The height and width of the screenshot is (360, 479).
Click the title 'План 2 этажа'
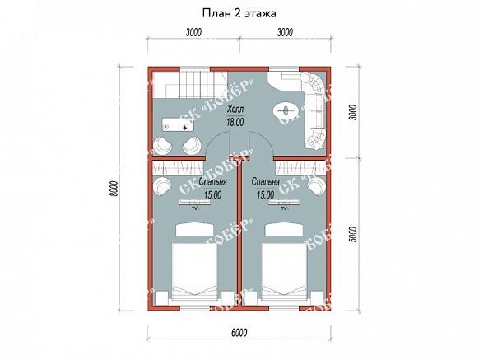coord(239,13)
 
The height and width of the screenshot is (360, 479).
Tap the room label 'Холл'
coord(235,110)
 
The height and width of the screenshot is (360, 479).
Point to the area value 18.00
coord(235,122)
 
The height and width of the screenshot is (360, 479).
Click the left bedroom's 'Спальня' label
coord(212,182)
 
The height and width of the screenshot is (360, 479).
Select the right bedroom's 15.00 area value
coord(266,194)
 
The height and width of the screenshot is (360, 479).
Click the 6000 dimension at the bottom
coord(239,333)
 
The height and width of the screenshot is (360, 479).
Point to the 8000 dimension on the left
coord(113,189)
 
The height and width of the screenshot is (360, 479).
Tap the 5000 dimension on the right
coord(353,234)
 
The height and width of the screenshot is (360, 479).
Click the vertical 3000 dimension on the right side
coord(353,113)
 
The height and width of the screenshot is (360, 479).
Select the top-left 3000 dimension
coord(193,32)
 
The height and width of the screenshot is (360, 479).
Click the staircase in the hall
coord(190,85)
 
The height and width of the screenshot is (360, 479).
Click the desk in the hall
coord(179,124)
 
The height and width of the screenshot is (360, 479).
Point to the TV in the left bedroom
coord(194,204)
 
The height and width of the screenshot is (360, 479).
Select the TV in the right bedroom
coord(284,204)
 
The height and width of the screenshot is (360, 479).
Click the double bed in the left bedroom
coord(194,271)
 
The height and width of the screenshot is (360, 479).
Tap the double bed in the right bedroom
coord(284,271)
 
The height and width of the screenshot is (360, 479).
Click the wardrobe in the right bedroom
coord(300,168)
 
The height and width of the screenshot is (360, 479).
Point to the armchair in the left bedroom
coord(162,186)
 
